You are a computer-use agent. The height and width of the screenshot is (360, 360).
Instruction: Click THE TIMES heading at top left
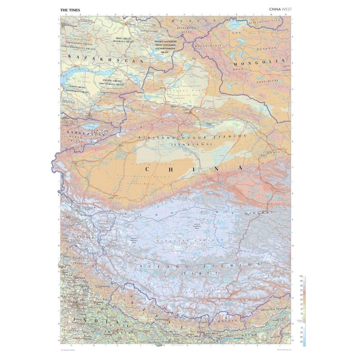[70, 9]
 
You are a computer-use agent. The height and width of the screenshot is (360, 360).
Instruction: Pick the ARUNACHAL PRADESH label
[278, 309]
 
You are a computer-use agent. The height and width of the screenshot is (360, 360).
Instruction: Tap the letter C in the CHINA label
[149, 169]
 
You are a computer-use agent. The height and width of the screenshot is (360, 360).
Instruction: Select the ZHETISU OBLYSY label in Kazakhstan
[114, 81]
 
